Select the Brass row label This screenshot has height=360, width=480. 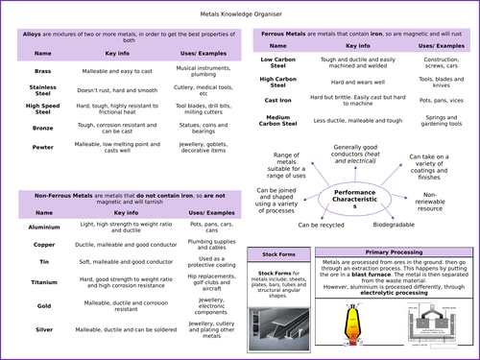click(42, 72)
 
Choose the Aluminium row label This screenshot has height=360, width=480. click(42, 228)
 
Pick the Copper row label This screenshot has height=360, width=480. click(42, 245)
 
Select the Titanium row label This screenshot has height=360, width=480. click(42, 283)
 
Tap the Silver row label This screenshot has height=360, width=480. click(42, 328)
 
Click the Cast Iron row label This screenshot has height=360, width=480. click(277, 100)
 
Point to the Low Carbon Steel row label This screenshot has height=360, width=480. click(277, 62)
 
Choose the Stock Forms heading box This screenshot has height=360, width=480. click(276, 253)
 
